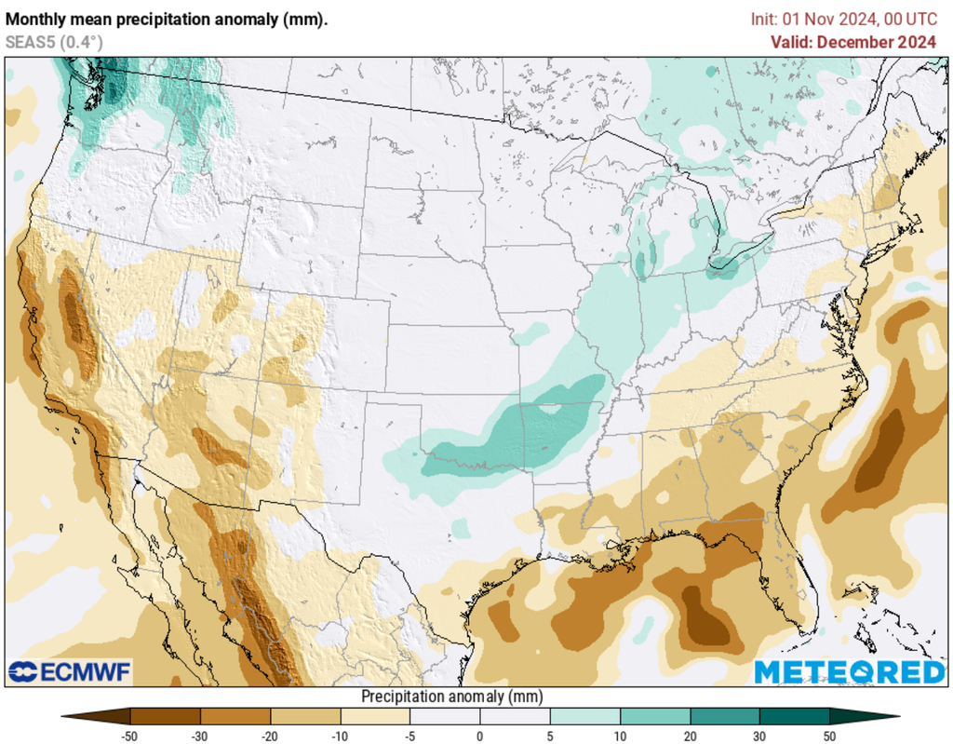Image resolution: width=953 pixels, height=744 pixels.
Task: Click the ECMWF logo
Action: pyautogui.click(x=70, y=671)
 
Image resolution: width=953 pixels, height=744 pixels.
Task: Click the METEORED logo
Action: pyautogui.click(x=849, y=671)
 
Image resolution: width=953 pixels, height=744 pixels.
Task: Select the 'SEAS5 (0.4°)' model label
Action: pyautogui.click(x=54, y=42)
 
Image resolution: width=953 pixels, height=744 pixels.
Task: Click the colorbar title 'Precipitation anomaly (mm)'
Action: pyautogui.click(x=451, y=697)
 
